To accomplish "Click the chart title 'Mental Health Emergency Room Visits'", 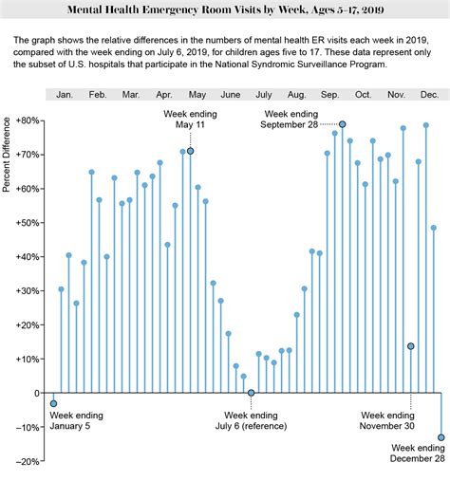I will point(224,9).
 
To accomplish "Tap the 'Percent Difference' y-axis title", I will point(7,155).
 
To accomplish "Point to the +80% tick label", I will point(27,120).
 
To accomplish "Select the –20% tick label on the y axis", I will point(27,461).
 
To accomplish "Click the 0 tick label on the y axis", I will point(35,393).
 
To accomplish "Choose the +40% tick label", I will point(27,257).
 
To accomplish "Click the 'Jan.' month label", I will point(65,96).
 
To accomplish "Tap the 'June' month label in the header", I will point(230,96).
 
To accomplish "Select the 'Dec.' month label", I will point(428,96).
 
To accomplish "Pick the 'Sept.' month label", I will point(329,96).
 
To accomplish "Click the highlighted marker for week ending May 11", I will point(191,151).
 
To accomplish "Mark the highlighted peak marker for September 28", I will point(343,124).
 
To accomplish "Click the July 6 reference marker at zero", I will point(252,393).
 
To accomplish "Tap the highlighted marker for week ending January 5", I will point(53,403).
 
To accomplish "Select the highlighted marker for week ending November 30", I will point(411,346).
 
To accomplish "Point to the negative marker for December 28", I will point(441,437).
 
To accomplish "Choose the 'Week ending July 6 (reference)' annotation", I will point(252,421).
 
